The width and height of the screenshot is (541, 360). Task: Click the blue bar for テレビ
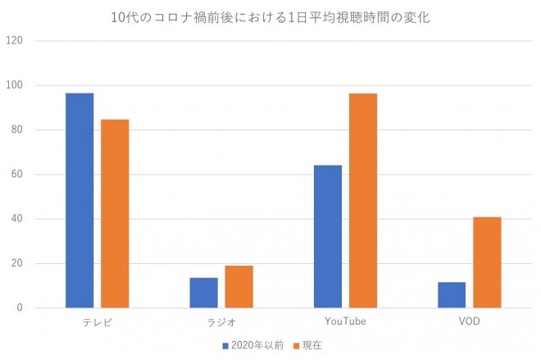tap(80, 200)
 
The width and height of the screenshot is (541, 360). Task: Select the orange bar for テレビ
tap(115, 213)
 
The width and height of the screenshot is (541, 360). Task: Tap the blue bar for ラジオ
tap(204, 293)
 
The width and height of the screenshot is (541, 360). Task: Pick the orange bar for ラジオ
tap(239, 286)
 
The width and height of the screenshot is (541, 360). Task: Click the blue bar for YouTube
tap(328, 236)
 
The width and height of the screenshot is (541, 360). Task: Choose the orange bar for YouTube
tap(362, 200)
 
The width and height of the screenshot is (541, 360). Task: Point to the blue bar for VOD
tap(452, 294)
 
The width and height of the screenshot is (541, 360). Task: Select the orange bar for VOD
tap(487, 262)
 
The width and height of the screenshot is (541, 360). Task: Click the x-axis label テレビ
tap(98, 322)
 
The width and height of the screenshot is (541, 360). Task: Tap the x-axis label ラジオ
tap(221, 322)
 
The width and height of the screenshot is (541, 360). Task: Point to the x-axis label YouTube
tap(345, 322)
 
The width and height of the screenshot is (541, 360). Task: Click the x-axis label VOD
tap(469, 322)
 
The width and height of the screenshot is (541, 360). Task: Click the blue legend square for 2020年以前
tap(225, 345)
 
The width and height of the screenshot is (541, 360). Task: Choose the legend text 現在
tap(312, 345)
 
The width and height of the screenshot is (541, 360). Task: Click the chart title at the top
tap(270, 16)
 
